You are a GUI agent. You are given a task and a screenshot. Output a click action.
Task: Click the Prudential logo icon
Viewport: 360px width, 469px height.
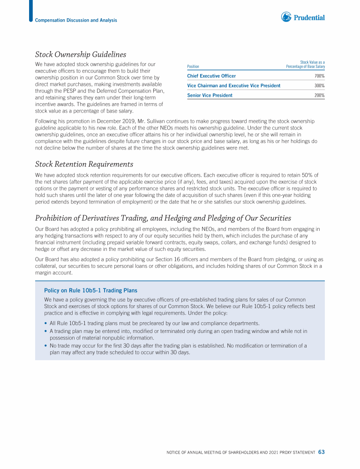(x=286, y=17)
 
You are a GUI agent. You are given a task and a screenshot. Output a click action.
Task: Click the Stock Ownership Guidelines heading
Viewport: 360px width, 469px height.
(x=81, y=55)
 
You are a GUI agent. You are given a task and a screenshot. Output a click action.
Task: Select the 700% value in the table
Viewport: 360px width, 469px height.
(x=320, y=76)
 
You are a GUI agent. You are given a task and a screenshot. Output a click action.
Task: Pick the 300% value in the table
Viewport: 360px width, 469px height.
(x=320, y=86)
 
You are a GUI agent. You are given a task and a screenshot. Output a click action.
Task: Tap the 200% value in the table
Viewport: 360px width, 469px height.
(x=320, y=96)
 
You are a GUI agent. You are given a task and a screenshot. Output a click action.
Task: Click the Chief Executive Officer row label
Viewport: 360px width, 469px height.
(x=211, y=76)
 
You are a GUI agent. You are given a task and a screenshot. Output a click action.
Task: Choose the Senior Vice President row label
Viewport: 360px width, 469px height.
(x=210, y=96)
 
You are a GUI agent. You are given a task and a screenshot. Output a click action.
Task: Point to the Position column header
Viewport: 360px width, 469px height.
(x=193, y=67)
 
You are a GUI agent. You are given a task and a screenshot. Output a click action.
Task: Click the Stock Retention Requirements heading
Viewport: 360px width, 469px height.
(x=84, y=164)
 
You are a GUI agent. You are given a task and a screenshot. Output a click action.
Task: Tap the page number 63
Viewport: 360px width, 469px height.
(x=321, y=452)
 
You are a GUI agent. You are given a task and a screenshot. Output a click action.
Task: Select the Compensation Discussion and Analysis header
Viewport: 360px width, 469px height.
(x=76, y=20)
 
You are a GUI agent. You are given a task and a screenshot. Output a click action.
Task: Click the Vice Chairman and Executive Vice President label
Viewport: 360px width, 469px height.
(x=233, y=86)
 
